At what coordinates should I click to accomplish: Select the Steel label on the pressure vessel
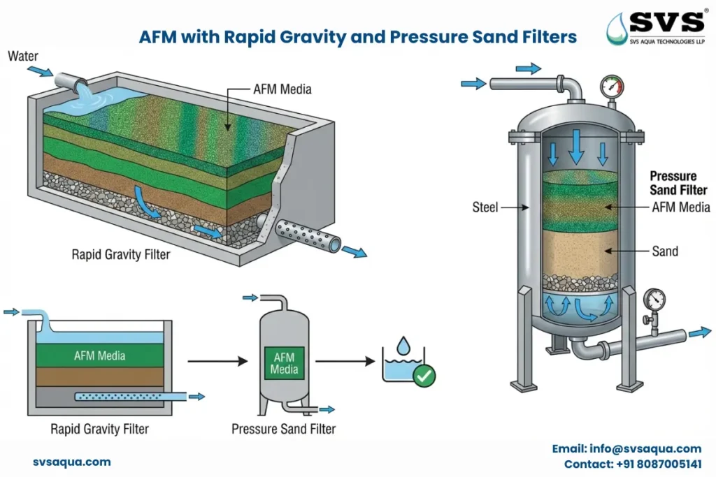(x=484, y=207)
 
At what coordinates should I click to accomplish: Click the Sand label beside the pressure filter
(x=665, y=251)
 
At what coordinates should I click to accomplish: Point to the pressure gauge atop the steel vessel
(x=611, y=87)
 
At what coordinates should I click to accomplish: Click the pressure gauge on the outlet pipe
(x=655, y=299)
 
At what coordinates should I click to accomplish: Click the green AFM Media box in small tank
(x=284, y=362)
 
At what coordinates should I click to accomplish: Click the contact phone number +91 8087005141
(x=633, y=464)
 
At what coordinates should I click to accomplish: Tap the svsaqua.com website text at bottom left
(x=71, y=462)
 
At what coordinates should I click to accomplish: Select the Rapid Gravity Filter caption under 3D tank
(x=120, y=255)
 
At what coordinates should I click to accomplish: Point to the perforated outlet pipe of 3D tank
(x=308, y=235)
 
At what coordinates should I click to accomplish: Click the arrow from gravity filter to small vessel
(x=217, y=361)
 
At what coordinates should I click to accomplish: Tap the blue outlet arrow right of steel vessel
(x=699, y=334)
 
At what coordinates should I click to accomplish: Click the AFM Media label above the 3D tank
(x=282, y=89)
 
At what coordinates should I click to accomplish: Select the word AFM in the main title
(x=159, y=37)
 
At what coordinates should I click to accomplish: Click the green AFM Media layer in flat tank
(x=100, y=355)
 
